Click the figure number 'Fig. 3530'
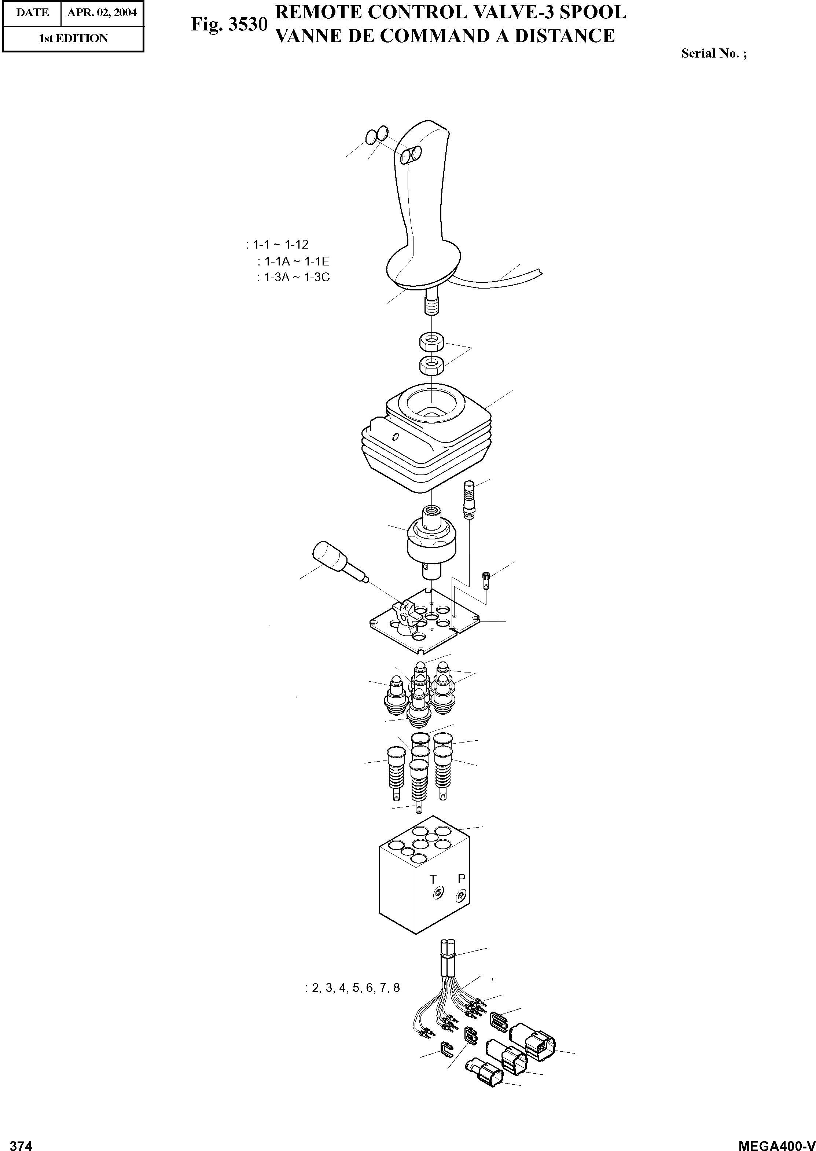(229, 25)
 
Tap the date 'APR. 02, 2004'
(102, 12)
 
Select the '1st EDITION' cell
(73, 38)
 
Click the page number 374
(21, 1142)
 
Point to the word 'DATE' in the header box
(32, 12)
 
